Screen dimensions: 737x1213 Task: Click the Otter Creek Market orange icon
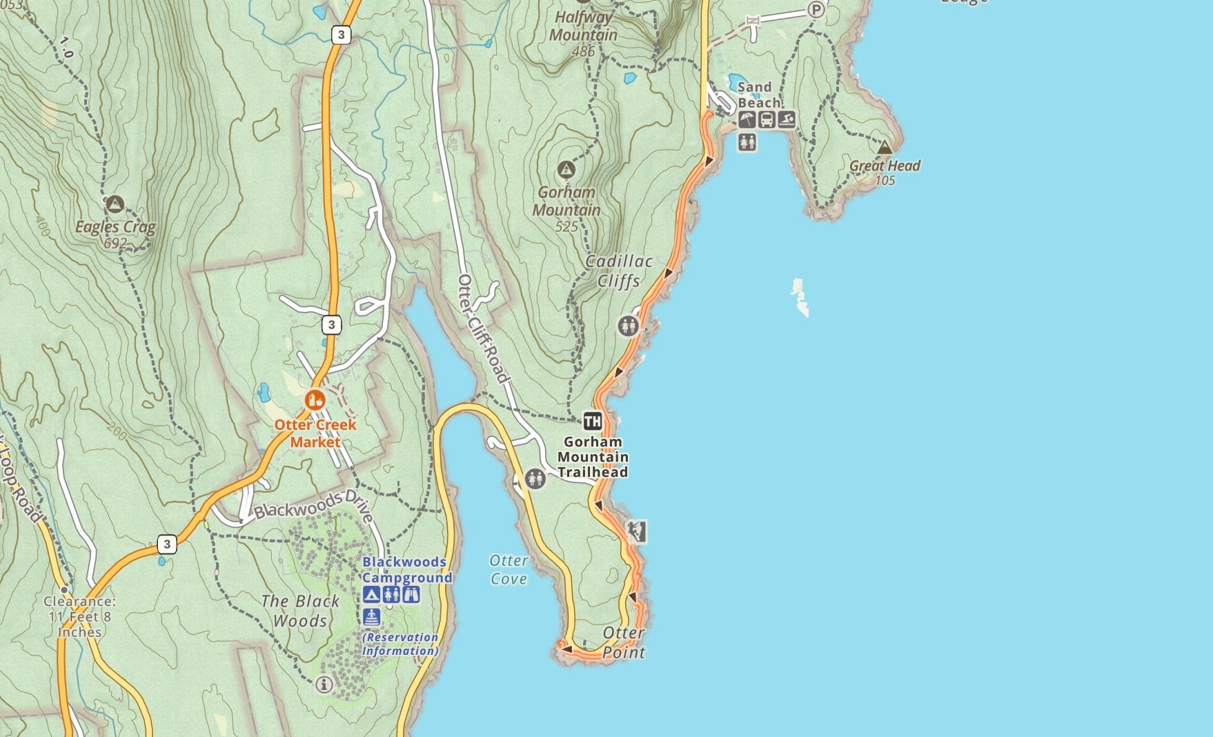pos(315,400)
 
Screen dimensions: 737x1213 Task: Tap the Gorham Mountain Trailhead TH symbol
pos(592,421)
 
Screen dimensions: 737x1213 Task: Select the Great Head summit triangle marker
pos(885,147)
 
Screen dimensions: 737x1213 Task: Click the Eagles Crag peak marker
pos(115,204)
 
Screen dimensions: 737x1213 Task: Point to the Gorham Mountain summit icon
pos(566,169)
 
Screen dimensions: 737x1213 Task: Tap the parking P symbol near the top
pos(816,10)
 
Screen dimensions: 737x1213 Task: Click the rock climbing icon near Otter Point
pos(637,531)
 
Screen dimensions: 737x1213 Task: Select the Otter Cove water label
pos(509,570)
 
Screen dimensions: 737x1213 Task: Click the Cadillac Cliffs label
pos(619,271)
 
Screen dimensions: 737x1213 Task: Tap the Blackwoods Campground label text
pos(407,570)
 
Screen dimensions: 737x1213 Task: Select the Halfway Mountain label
pos(583,26)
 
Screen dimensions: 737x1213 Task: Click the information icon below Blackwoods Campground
pos(324,685)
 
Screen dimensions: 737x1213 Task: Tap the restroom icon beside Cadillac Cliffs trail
pos(628,325)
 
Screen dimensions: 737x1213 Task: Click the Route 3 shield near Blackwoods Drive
pos(167,544)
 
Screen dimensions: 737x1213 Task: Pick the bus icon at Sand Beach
pos(767,120)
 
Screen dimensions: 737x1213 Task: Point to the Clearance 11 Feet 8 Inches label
pos(79,617)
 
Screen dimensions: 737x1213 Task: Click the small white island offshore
pos(800,297)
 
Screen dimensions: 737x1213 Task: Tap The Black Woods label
pos(300,611)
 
